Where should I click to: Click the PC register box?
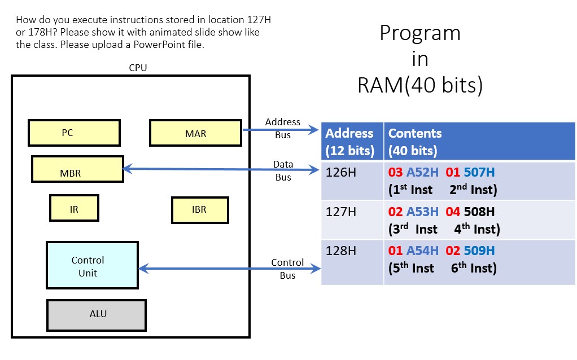coord(74,133)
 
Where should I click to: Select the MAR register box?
coord(195,133)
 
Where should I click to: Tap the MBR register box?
coord(77,170)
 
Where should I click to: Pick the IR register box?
coord(74,208)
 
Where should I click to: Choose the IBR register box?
coord(199,209)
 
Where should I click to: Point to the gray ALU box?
coord(96,314)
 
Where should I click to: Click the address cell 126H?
coord(341,172)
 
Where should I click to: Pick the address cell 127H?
coord(341,212)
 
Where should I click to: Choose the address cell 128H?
coord(341,251)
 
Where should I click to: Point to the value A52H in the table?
coord(422,173)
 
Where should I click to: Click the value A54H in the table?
coord(422,251)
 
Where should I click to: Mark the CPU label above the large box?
coord(138,68)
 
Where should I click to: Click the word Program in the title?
coord(419,33)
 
